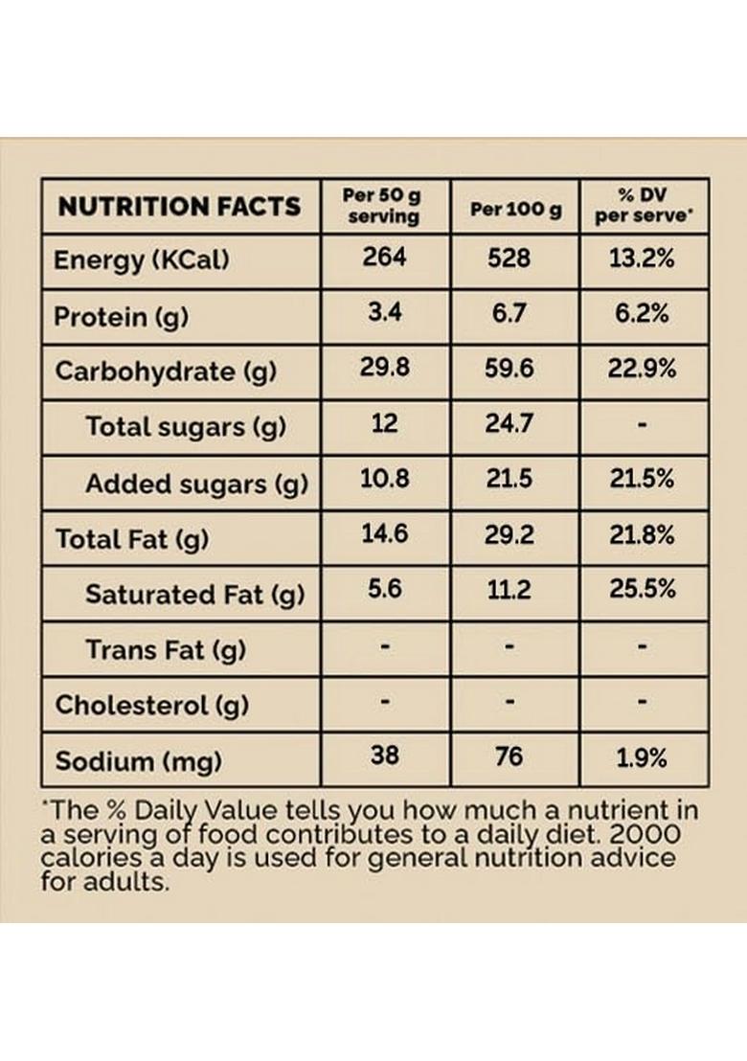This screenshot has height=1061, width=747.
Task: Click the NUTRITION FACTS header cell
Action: (x=179, y=206)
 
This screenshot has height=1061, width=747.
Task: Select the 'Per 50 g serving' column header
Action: (x=383, y=206)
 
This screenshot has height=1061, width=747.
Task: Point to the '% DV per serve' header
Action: (x=643, y=206)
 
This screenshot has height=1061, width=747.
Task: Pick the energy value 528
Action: (x=509, y=259)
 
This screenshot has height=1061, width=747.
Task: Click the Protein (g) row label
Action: (x=121, y=316)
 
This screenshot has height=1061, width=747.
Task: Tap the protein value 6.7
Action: (x=509, y=314)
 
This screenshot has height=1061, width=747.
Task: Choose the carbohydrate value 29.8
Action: (x=384, y=369)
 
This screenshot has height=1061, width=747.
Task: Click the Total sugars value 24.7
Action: (x=509, y=423)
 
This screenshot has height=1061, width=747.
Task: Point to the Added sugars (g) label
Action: (x=196, y=484)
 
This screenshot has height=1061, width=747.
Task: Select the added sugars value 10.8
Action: (x=384, y=479)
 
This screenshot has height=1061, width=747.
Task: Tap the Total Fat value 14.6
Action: (x=384, y=533)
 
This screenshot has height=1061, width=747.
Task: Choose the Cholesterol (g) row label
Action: (x=151, y=706)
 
